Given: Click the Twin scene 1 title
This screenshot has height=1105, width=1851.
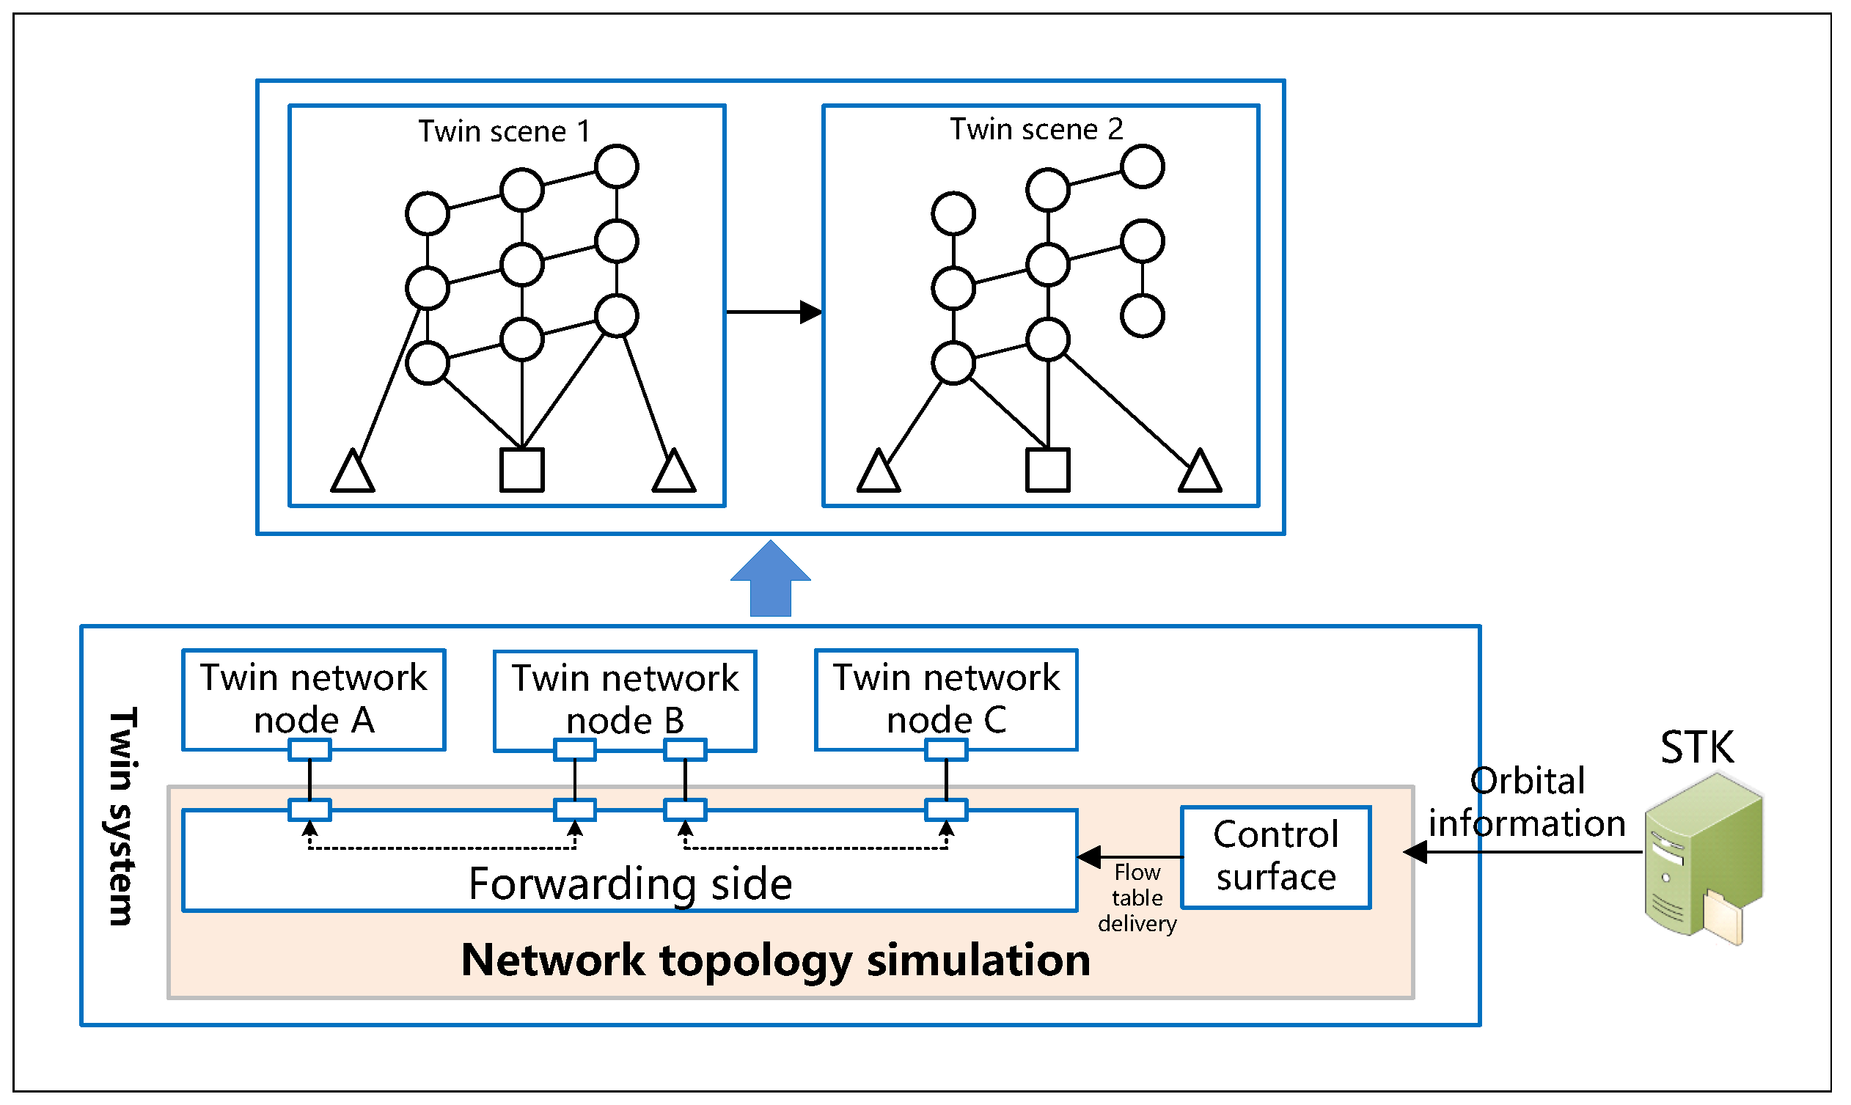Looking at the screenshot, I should [504, 132].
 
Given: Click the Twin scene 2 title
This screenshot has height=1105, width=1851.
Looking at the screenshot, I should [1036, 130].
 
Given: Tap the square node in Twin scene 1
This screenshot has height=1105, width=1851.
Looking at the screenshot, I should [522, 471].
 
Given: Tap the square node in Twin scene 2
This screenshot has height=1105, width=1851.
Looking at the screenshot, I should [1048, 471].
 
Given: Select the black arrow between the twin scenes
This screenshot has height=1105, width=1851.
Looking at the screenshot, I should [774, 312].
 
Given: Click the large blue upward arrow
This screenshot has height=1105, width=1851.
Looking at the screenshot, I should [771, 581].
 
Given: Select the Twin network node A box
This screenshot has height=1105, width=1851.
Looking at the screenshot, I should [313, 700].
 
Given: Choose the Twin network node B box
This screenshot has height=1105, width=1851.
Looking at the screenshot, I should [625, 700].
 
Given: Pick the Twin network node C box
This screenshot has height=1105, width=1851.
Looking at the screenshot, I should [945, 700].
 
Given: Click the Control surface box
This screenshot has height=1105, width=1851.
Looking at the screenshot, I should [1275, 857].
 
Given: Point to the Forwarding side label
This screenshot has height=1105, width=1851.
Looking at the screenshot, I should [630, 884].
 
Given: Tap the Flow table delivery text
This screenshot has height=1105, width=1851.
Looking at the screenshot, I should [1137, 899].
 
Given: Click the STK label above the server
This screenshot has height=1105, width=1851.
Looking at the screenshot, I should [1697, 749].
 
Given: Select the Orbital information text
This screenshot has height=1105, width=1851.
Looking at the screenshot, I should [1526, 804].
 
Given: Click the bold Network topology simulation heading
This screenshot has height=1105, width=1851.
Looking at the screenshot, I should [775, 961].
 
